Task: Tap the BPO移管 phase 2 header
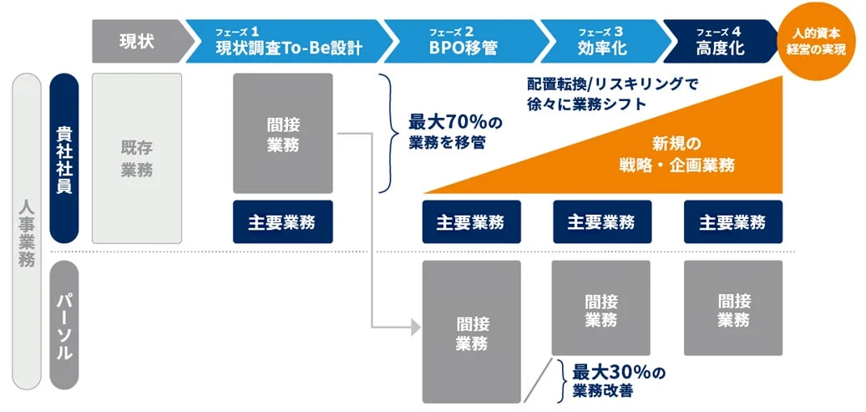[x=463, y=42]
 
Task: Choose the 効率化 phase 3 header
[x=601, y=42]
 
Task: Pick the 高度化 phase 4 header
[x=718, y=42]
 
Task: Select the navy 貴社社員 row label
[x=64, y=159]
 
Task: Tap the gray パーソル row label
[x=64, y=326]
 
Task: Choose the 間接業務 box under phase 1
[x=283, y=134]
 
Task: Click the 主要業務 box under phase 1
[x=283, y=222]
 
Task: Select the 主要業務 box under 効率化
[x=601, y=222]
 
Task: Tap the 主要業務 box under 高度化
[x=732, y=222]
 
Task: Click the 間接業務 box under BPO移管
[x=472, y=333]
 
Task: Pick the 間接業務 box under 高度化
[x=732, y=308]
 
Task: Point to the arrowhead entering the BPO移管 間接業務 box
[x=416, y=327]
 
